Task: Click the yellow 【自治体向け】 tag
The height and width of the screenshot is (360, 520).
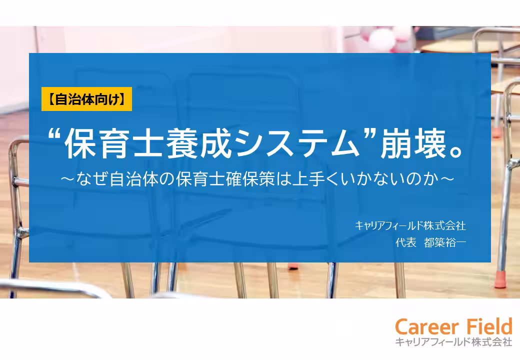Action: coord(86,98)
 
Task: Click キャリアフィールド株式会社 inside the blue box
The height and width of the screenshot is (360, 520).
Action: coord(410,226)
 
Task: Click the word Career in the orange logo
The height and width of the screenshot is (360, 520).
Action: coord(425,327)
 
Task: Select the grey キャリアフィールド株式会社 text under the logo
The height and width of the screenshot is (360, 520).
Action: coord(453,342)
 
